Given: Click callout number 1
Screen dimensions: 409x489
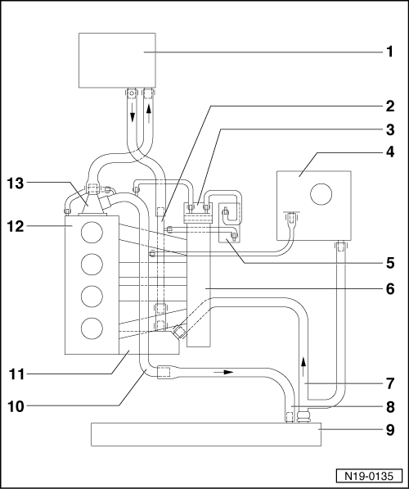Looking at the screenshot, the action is (390, 52).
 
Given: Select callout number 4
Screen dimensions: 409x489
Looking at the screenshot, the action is (390, 152).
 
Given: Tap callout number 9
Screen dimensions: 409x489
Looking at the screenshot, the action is (390, 430).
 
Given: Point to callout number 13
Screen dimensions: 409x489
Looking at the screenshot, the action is (16, 183).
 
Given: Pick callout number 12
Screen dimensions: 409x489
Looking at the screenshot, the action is (16, 226).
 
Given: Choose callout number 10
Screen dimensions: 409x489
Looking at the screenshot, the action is (16, 406).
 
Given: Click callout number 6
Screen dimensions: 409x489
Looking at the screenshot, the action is (390, 289).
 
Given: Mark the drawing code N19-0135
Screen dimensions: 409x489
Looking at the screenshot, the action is (369, 477).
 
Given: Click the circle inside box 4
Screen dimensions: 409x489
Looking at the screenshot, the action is (321, 194).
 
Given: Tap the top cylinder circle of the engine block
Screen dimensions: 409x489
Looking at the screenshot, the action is (92, 232).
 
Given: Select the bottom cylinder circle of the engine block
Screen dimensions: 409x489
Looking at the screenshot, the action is (92, 328).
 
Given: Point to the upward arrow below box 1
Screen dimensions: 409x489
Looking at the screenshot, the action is (149, 113).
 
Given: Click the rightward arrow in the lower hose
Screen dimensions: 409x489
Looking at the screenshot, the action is (223, 372).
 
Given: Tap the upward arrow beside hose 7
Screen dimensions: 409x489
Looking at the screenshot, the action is (303, 367).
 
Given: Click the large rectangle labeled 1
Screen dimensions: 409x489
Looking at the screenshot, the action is (117, 60).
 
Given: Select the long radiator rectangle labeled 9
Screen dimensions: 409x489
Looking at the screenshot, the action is (206, 434).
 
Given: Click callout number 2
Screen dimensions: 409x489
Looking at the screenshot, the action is (390, 106).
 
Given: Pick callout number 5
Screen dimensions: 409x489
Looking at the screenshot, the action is (390, 263).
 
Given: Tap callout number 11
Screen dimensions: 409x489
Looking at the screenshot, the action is (16, 374).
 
